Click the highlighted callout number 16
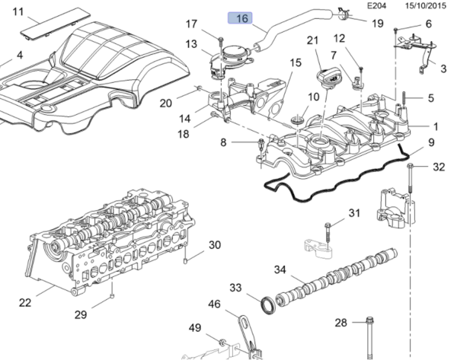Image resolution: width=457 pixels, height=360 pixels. pos(243,18)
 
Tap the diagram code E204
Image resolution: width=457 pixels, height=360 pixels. pos(376,5)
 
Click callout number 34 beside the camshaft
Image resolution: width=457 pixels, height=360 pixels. pos(280,269)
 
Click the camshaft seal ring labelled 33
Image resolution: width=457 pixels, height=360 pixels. pos(267,305)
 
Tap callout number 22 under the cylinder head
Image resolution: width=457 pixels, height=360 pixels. pos(25,302)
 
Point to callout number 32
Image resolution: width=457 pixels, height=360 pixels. pos(438,167)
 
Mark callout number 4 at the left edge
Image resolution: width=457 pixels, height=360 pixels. pos(19,55)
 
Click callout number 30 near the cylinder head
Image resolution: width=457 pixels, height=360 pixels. pos(215,245)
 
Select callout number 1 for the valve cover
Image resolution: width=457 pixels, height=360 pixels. pos(436,125)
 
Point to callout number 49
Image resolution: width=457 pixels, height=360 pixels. pos(194,328)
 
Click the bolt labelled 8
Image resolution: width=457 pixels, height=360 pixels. pos(260,142)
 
